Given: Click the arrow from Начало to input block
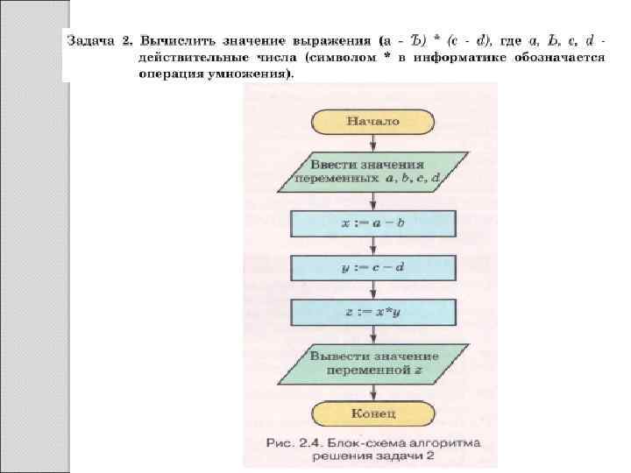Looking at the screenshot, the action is pyautogui.click(x=373, y=143).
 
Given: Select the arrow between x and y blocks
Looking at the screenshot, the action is pyautogui.click(x=373, y=245).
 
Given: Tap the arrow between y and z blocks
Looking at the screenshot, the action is pyautogui.click(x=373, y=290).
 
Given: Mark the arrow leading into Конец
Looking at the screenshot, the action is pyautogui.click(x=373, y=392).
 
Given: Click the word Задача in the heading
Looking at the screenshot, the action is pyautogui.click(x=91, y=40).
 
